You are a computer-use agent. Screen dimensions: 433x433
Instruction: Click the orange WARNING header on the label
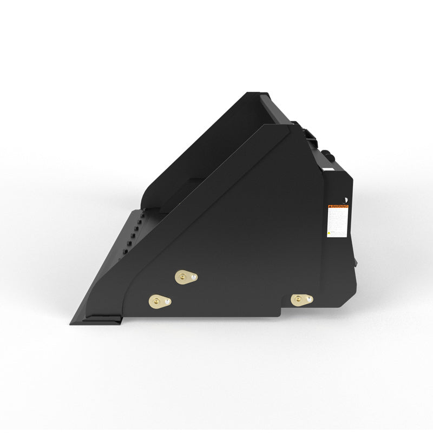338,206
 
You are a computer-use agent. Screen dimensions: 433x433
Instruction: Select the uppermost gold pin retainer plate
186,277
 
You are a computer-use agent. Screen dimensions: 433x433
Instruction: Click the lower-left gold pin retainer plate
160,300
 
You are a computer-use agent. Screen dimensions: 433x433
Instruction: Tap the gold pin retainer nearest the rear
301,299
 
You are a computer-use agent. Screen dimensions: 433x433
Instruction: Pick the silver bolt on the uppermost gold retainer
191,278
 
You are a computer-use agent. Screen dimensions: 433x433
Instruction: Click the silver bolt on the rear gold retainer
307,299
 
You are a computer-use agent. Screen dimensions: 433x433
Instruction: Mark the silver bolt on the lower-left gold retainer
167,300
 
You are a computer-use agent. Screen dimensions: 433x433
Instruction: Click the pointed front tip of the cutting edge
71,323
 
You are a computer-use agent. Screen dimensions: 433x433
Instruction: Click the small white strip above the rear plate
328,169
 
